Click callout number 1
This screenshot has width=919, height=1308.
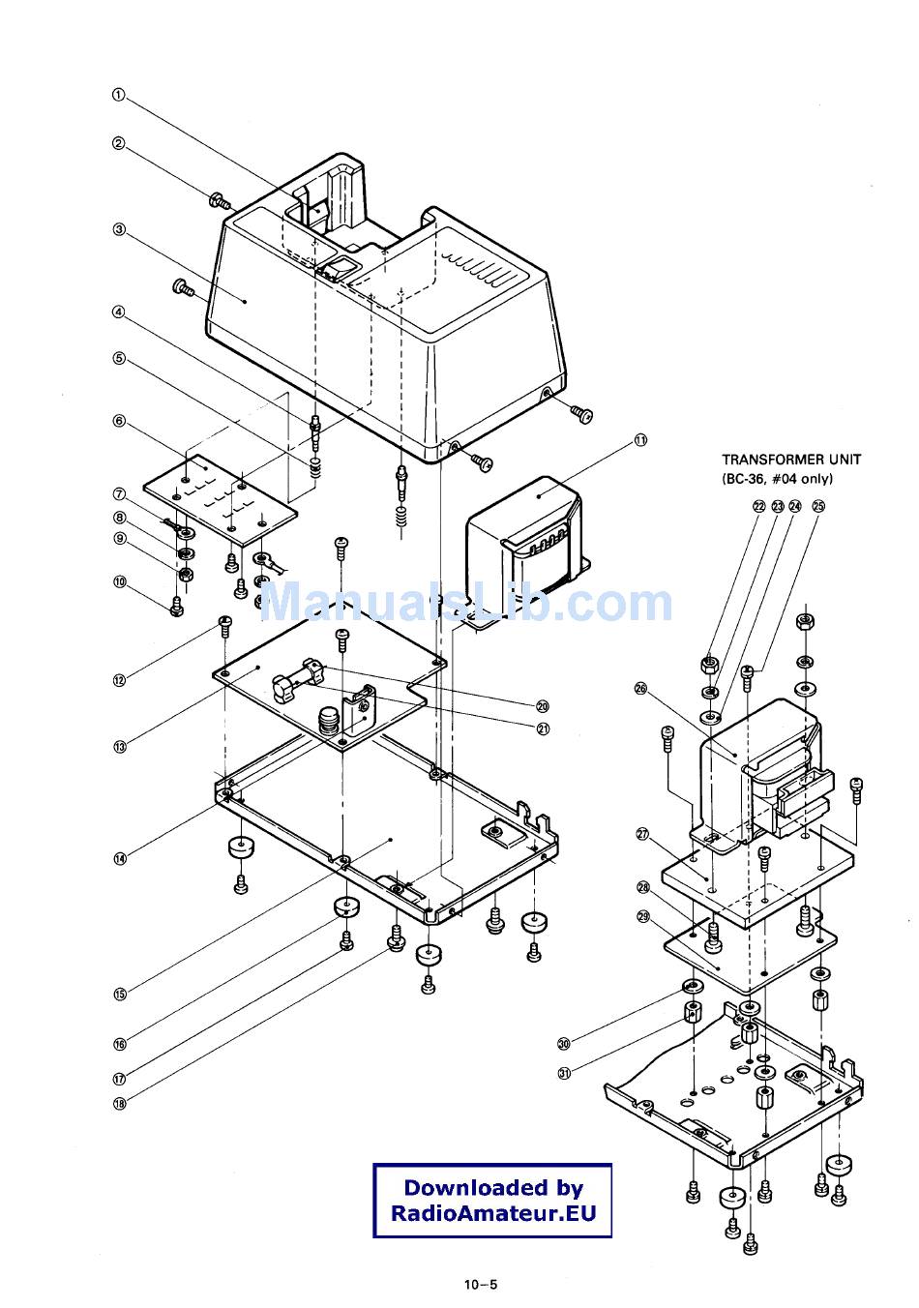[119, 95]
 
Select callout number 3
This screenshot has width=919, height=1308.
[119, 229]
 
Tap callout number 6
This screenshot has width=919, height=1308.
[119, 421]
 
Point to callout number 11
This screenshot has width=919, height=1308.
[640, 439]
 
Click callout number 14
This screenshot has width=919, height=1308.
[120, 858]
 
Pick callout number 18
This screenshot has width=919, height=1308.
[120, 1104]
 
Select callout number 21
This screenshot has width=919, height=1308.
[543, 728]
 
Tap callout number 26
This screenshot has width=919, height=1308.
[640, 689]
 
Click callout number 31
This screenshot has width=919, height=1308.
[564, 1073]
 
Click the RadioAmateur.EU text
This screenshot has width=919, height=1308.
[493, 1213]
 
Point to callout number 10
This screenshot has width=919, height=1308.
[120, 582]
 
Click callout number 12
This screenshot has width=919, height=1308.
[120, 680]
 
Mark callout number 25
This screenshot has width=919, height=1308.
[818, 506]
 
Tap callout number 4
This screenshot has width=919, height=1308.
[119, 312]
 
